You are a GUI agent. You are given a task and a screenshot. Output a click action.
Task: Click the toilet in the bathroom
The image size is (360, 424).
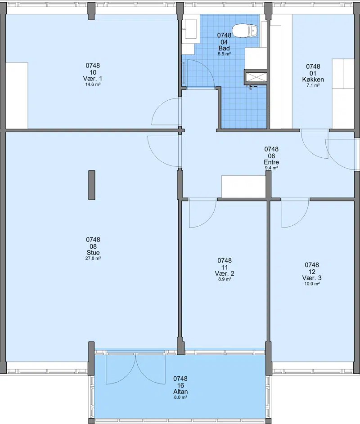245,31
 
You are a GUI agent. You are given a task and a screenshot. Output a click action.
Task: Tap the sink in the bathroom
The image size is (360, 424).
190,29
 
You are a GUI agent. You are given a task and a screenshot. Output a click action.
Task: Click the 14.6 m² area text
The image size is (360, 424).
93,85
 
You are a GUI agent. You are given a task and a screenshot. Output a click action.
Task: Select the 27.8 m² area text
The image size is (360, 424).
93,258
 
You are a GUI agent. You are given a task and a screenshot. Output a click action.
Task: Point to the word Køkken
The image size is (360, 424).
313,80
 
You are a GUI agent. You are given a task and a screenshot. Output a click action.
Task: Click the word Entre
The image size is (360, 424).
271,162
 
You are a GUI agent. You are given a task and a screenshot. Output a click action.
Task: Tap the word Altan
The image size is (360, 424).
180,392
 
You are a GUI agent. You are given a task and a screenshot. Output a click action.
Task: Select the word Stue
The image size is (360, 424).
93,253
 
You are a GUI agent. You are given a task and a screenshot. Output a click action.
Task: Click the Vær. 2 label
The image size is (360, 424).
225,273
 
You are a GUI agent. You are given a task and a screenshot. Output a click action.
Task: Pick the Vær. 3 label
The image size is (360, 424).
312,278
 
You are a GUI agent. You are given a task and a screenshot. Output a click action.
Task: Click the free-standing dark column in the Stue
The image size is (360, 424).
92,185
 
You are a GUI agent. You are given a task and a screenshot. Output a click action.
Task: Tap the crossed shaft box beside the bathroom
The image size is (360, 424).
256,77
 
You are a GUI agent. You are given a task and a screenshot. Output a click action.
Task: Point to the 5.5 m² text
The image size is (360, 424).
224,54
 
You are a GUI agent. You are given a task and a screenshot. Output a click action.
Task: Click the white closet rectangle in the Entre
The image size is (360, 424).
243,187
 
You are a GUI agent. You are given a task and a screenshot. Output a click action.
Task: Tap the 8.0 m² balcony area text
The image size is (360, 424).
180,397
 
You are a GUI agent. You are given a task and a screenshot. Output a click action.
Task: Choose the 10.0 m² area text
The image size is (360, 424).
312,284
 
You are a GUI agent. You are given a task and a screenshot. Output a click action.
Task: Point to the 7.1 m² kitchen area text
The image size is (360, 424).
313,85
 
